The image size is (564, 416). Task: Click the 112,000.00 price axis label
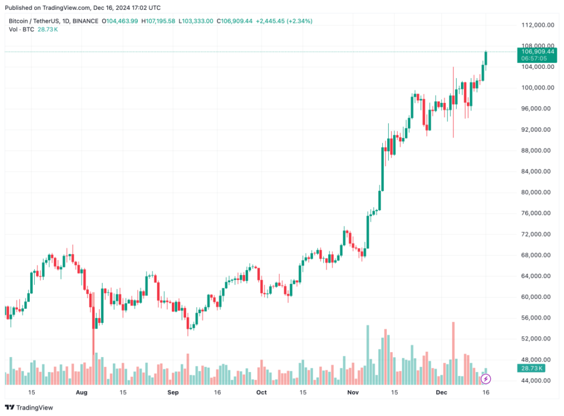[537, 25]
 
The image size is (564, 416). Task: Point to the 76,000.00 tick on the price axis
[537, 214]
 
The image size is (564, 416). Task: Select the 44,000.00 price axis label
[537, 381]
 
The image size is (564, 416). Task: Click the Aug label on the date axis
[82, 392]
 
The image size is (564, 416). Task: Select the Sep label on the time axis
[173, 392]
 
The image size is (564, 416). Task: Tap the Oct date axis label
[261, 392]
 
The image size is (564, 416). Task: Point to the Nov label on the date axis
[353, 392]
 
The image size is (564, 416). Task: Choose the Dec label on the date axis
[442, 392]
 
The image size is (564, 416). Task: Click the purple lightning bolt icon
[486, 379]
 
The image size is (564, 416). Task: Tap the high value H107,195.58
[159, 21]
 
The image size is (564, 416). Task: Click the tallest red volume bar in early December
[453, 353]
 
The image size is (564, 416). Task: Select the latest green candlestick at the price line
[486, 58]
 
